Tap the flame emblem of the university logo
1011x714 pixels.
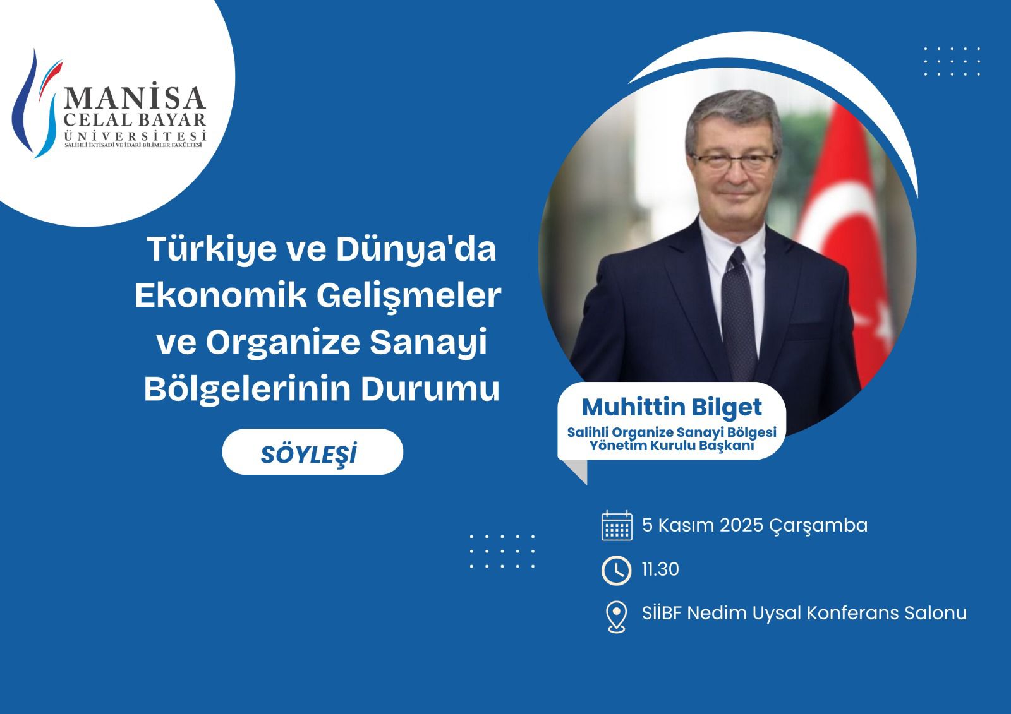tap(35, 104)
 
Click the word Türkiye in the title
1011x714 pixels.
tap(212, 249)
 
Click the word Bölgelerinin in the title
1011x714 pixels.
tap(247, 389)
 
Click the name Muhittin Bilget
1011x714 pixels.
tap(672, 408)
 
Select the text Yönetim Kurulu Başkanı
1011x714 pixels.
tap(672, 446)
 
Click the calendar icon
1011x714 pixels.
tap(617, 525)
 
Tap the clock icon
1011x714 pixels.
tap(616, 571)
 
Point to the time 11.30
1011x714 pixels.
tap(660, 569)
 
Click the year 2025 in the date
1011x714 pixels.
tap(741, 525)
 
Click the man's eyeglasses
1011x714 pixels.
tap(734, 162)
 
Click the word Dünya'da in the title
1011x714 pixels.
tap(416, 249)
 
